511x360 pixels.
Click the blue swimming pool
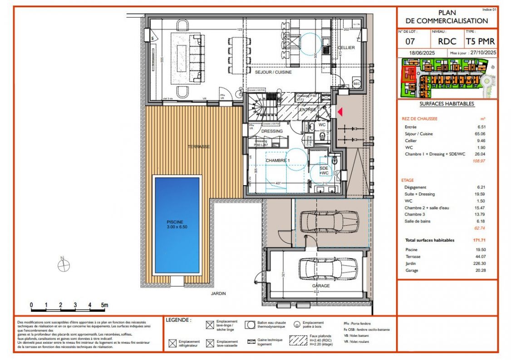pos(177,225)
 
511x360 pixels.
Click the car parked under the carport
pos(326,221)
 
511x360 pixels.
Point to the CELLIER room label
pos(346,48)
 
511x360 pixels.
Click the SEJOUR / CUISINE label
pos(273,72)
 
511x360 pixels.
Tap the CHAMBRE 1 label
pos(278,161)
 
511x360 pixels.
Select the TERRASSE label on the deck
pos(199,147)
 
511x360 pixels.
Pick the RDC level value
pos(447,41)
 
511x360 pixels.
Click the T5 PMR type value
pos(481,41)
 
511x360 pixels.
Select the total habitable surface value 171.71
pos(478,241)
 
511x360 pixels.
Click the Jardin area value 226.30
pos(478,263)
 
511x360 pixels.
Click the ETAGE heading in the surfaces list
pos(407,180)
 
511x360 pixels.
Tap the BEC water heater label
pos(357,84)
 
